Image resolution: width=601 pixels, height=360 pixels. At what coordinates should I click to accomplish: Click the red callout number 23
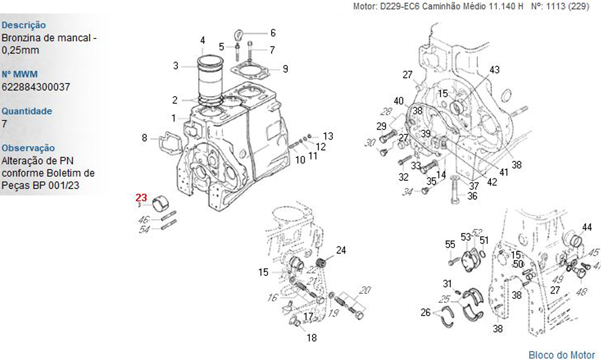141,197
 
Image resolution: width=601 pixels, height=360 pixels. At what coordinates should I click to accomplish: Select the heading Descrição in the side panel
24,25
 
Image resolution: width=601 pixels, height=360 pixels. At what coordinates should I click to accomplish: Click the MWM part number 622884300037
35,87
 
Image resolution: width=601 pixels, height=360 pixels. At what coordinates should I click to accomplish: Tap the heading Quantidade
27,111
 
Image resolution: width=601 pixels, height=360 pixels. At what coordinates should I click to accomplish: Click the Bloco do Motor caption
561,355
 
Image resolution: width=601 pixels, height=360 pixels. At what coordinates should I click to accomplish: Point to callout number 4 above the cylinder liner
203,40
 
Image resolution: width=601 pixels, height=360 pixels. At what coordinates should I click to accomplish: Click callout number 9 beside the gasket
285,69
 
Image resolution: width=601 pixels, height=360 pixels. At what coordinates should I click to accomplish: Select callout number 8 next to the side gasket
144,138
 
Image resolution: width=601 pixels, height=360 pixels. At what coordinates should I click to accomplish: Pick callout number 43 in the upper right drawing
494,70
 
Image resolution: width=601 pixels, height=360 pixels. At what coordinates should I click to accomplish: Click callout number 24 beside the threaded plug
341,249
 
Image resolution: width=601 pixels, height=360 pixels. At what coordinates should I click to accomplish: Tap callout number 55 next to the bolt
450,244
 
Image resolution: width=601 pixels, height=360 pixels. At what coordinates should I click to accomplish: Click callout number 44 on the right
587,227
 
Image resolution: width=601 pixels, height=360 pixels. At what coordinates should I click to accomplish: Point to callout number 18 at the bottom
311,337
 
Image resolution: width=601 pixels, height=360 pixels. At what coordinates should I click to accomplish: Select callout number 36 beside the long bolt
472,196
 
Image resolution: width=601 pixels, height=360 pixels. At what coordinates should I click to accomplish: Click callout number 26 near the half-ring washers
426,312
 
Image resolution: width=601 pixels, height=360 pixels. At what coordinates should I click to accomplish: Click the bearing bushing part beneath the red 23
161,204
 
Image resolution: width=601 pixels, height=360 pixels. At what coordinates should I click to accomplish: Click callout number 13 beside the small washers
328,136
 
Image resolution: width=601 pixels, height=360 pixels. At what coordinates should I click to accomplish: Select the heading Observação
28,148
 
